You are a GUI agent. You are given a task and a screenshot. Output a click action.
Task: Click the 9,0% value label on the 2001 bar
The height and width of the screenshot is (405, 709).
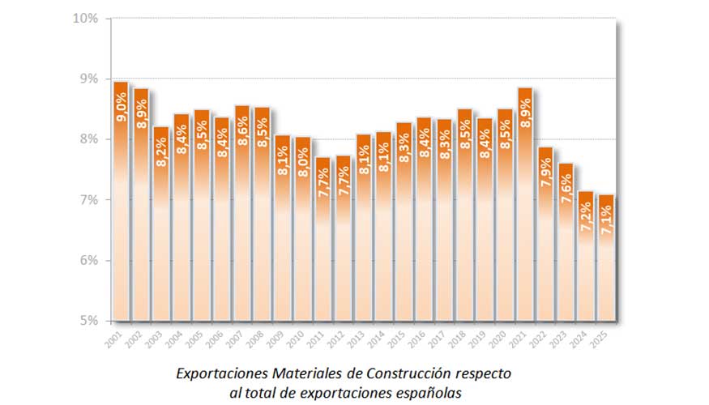tap(121, 109)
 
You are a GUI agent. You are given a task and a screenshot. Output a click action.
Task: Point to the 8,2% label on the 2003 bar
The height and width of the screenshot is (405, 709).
tap(161, 152)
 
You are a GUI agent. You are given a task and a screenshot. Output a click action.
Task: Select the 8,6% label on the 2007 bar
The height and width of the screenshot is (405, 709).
tap(241, 131)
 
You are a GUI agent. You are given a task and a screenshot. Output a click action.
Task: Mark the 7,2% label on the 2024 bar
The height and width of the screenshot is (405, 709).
tap(586, 217)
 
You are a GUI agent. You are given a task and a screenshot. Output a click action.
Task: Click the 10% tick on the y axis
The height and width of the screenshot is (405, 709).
tap(87, 18)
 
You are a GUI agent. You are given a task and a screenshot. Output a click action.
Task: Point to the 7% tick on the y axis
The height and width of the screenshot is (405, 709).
tap(89, 200)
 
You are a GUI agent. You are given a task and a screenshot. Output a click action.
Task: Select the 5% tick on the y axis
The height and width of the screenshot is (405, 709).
tap(89, 321)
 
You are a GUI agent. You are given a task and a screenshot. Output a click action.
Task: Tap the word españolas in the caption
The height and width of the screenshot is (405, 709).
tap(429, 393)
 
